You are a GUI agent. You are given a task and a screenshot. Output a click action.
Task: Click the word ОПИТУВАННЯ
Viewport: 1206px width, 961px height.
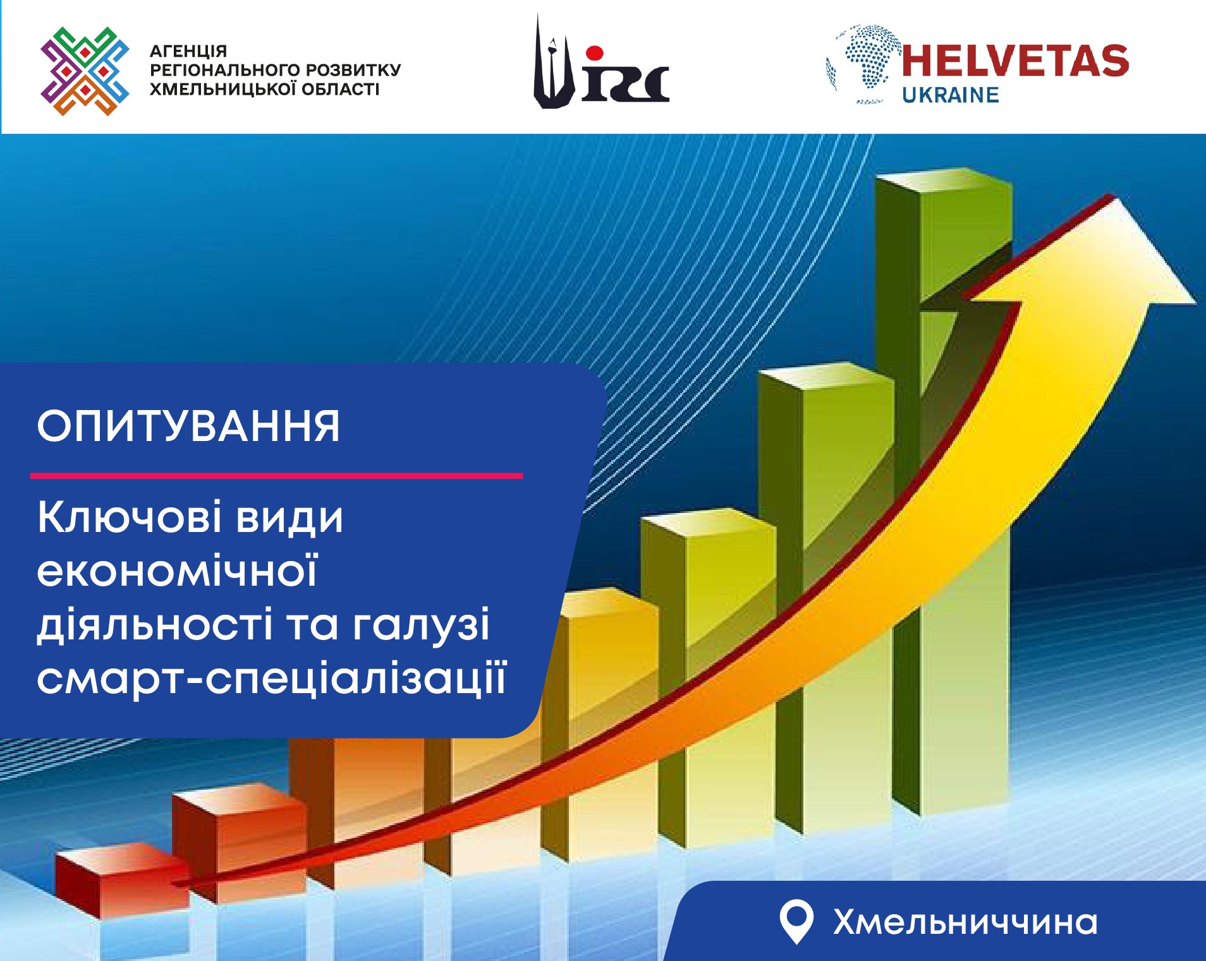(x=188, y=426)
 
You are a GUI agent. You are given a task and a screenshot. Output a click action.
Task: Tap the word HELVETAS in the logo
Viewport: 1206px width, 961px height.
(x=1014, y=61)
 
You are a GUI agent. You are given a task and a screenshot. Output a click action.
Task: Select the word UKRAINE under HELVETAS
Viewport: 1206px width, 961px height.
(x=950, y=95)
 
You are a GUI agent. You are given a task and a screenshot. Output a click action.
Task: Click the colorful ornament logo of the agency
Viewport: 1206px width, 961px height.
(x=85, y=71)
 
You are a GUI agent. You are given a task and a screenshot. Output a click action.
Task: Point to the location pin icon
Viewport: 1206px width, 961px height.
(x=796, y=921)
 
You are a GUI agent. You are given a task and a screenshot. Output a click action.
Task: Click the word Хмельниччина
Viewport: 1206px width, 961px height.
(x=965, y=922)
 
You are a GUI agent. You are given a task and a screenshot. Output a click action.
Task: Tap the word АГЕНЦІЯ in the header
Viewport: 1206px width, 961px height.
(x=188, y=51)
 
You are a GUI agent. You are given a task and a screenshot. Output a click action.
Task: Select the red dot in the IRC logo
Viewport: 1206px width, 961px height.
(x=594, y=53)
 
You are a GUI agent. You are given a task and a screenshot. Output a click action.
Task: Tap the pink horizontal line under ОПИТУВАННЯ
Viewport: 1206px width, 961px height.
(x=276, y=476)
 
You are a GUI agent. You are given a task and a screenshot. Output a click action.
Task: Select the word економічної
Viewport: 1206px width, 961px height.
(x=177, y=571)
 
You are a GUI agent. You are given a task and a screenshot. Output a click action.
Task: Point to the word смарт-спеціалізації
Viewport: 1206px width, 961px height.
(x=272, y=680)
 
